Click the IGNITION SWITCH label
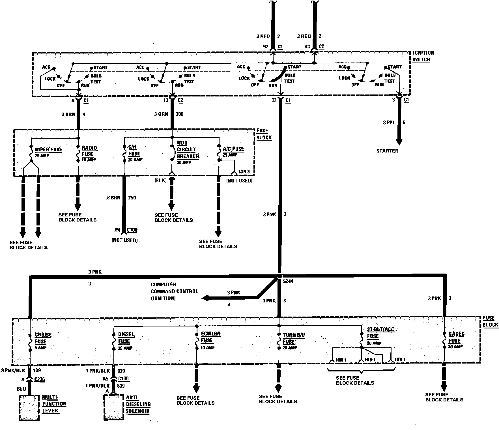click(423, 56)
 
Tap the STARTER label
click(387, 151)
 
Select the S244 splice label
click(288, 282)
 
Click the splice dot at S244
click(279, 276)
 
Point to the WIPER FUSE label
click(48, 150)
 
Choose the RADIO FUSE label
click(89, 151)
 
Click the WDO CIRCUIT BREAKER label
click(188, 150)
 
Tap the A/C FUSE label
click(233, 149)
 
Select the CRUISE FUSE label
click(43, 338)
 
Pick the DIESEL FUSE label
click(126, 338)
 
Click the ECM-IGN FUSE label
click(210, 337)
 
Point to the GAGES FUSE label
click(456, 337)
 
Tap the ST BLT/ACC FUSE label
click(380, 333)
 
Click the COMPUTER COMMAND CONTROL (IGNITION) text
click(174, 291)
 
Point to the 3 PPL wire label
click(389, 122)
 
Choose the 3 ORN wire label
click(161, 114)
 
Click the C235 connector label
click(39, 380)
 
